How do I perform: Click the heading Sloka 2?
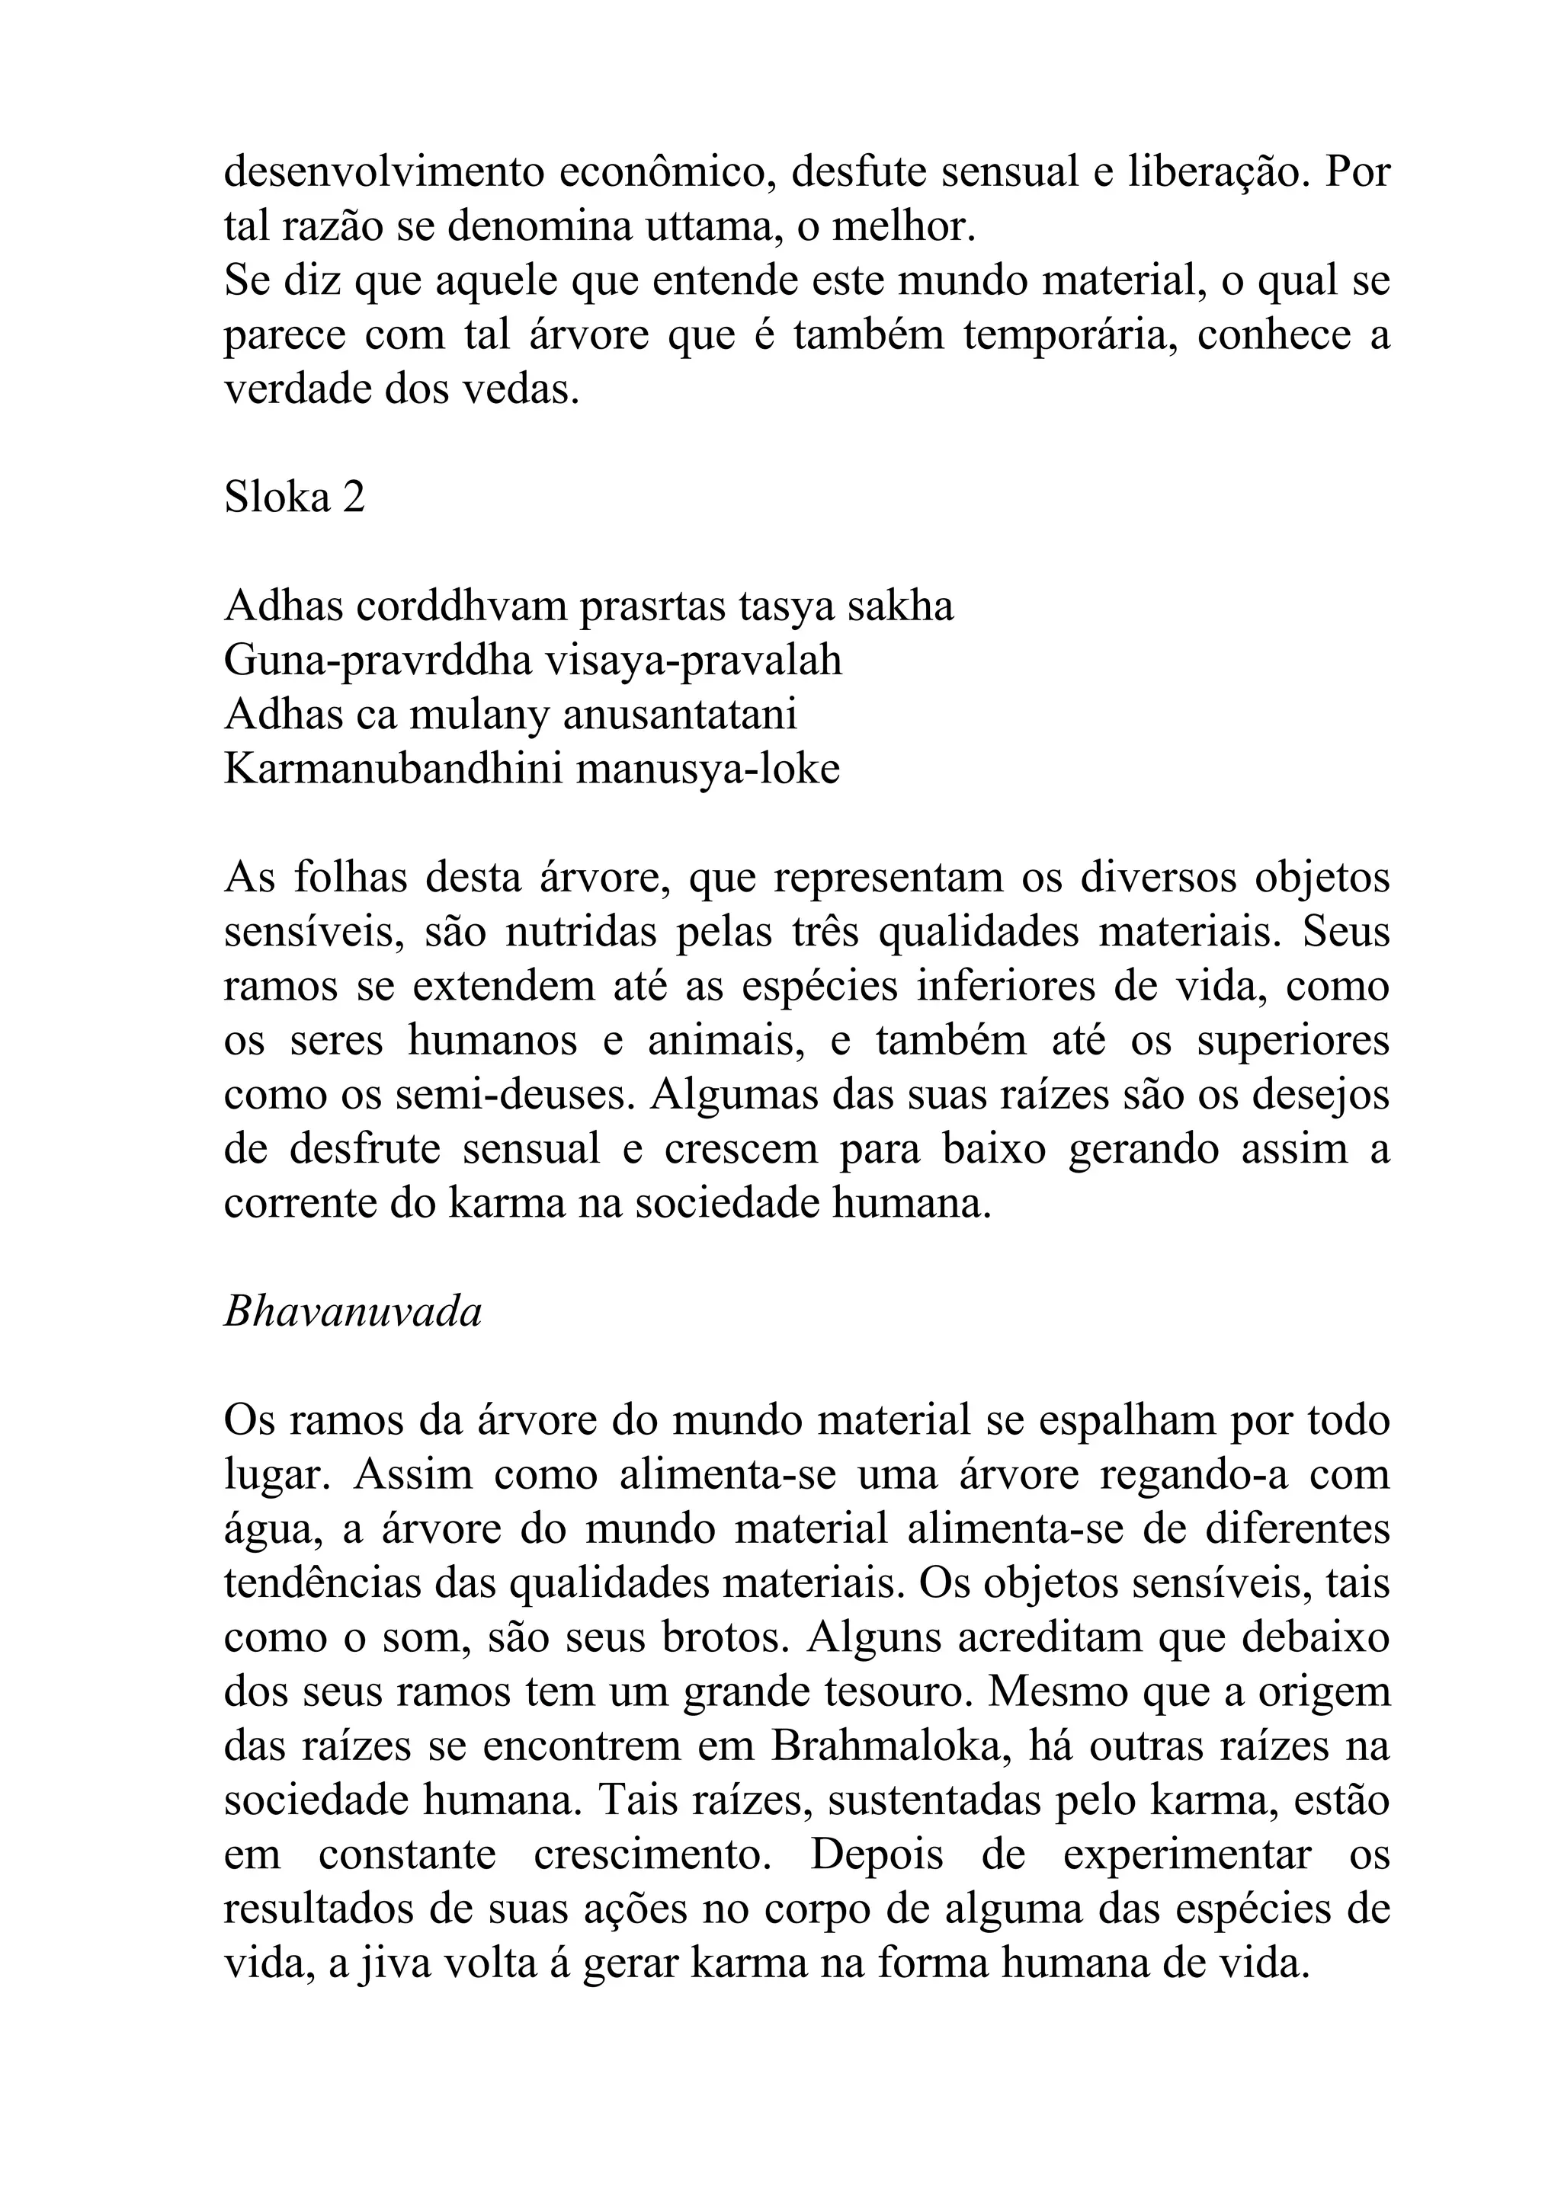[x=294, y=498]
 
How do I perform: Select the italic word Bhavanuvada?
[x=352, y=1313]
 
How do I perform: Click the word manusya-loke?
[x=708, y=770]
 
